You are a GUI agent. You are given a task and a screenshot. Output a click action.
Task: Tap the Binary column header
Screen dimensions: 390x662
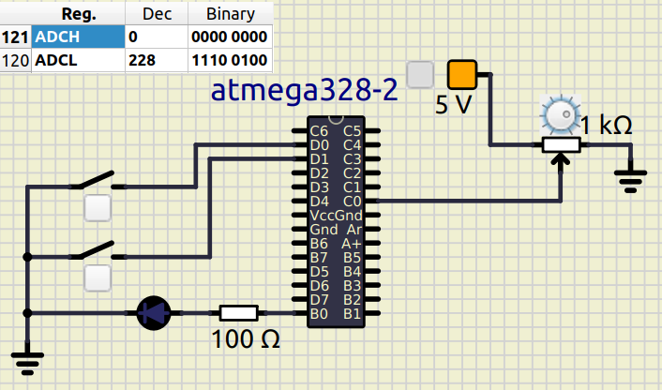tap(229, 14)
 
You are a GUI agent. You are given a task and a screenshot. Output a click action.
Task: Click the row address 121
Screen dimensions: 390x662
tap(16, 37)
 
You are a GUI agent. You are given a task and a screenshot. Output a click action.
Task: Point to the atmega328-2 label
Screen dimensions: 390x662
tap(304, 91)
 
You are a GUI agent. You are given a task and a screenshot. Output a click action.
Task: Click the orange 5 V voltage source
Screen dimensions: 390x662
tap(461, 73)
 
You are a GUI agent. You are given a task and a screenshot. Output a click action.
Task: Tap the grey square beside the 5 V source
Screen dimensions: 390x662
tap(421, 73)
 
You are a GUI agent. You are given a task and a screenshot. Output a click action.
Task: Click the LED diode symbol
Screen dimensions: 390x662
tap(153, 312)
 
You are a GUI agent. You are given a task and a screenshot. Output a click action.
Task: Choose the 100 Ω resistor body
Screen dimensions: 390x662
tap(238, 312)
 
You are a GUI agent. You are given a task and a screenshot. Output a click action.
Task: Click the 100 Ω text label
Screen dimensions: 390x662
tap(246, 339)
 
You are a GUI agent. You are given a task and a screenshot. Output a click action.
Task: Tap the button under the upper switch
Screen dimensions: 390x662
tap(98, 208)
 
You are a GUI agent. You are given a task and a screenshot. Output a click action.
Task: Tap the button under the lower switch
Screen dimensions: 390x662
tap(98, 277)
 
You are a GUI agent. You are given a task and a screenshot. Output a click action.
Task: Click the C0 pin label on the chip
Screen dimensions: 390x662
tap(353, 201)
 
